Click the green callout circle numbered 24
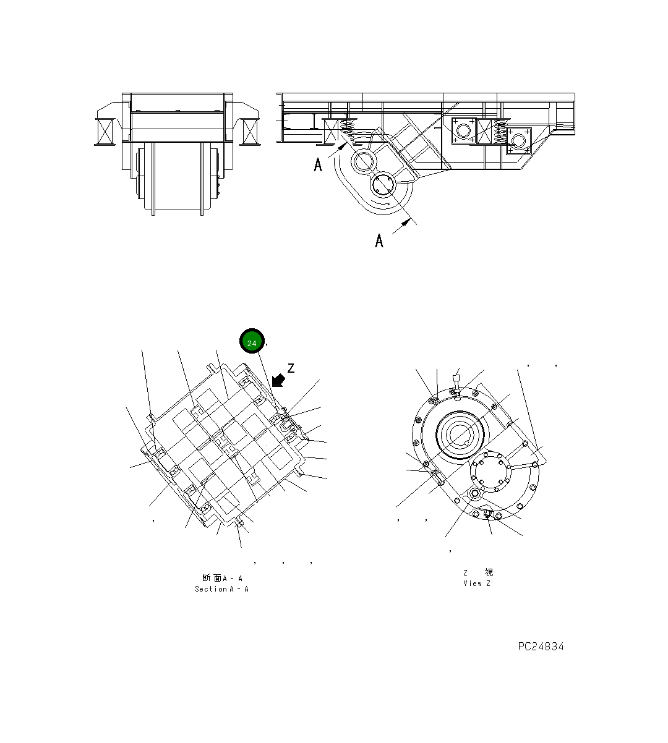tap(252, 341)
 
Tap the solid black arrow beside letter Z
tap(278, 380)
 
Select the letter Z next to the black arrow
tap(291, 368)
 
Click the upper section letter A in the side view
tap(318, 165)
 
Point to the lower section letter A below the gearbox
tap(379, 240)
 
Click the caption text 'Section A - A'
tap(221, 589)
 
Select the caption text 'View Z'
tap(476, 584)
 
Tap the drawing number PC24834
tap(541, 647)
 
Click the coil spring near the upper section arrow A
tap(348, 130)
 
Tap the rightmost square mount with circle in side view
tap(518, 141)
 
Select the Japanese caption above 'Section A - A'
tap(221, 578)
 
